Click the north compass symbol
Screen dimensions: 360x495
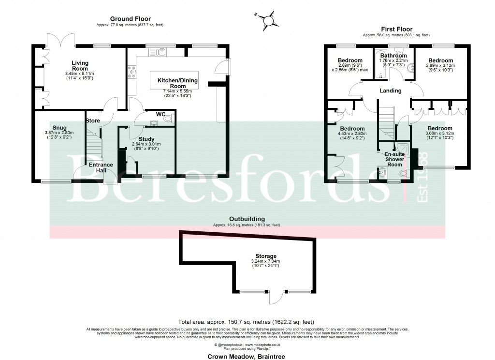click(268, 20)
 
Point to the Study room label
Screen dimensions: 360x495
click(146, 139)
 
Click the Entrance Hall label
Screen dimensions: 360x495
click(101, 167)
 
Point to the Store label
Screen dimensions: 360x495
click(92, 120)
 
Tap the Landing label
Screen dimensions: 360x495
click(390, 90)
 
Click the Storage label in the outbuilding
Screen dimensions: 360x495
click(266, 256)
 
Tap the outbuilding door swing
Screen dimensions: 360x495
click(276, 298)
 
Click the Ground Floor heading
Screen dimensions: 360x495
click(130, 19)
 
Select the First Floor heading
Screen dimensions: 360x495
click(396, 29)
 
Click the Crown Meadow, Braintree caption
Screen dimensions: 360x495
click(247, 357)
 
